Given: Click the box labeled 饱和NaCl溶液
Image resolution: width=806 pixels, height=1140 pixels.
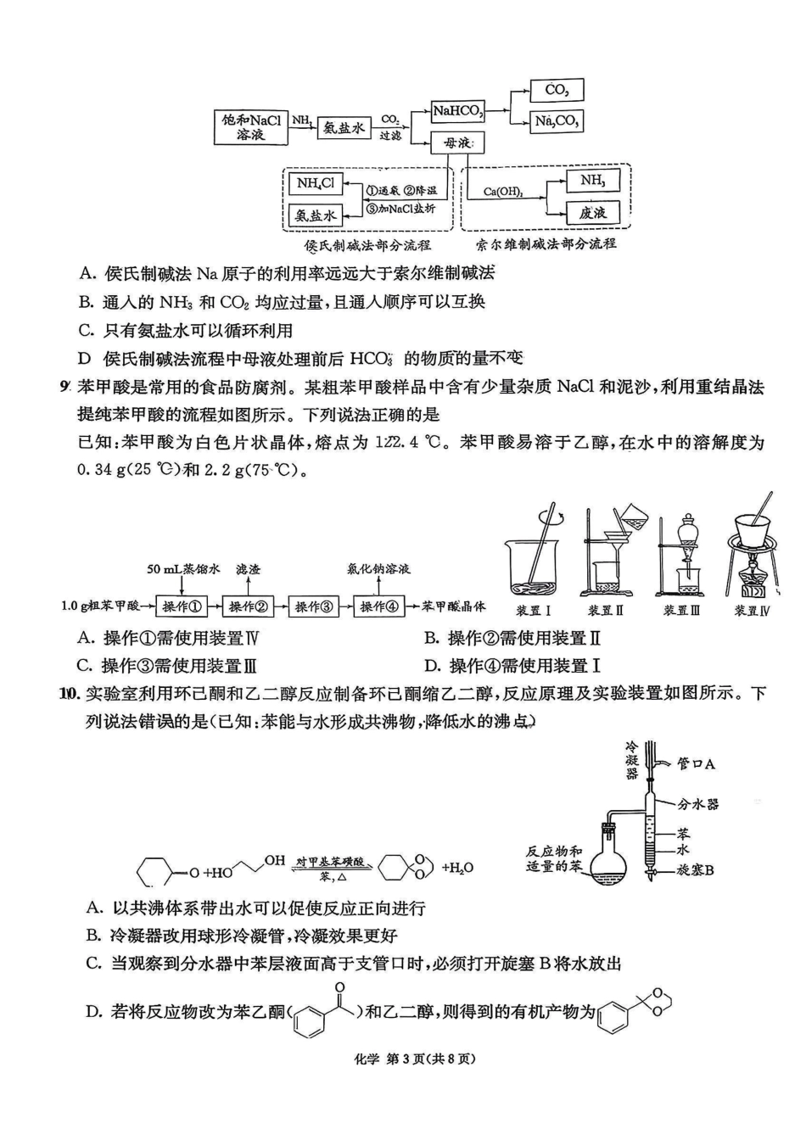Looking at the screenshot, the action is pyautogui.click(x=250, y=127).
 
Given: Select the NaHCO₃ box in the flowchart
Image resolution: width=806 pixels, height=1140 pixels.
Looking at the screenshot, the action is pyautogui.click(x=457, y=111).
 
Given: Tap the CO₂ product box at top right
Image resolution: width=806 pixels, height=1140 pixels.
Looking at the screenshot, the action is pyautogui.click(x=557, y=90).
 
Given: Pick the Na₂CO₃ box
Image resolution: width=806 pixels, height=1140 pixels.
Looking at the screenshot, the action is pyautogui.click(x=557, y=121).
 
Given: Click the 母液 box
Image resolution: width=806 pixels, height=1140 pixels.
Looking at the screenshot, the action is pyautogui.click(x=457, y=142).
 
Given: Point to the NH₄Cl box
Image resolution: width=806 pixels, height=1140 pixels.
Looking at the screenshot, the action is pyautogui.click(x=315, y=183).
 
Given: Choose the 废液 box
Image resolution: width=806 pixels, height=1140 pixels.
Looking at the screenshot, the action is pyautogui.click(x=593, y=212).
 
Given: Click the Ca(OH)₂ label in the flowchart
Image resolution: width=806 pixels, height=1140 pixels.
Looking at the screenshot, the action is pyautogui.click(x=503, y=192).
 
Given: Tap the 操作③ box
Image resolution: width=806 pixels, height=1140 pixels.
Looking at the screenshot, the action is pyautogui.click(x=314, y=606).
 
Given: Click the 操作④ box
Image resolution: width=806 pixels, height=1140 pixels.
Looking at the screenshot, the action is pyautogui.click(x=379, y=606).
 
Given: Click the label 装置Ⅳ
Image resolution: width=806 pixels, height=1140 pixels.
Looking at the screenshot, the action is pyautogui.click(x=752, y=611).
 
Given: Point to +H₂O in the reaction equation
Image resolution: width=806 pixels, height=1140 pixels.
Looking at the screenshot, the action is pyautogui.click(x=457, y=868).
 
